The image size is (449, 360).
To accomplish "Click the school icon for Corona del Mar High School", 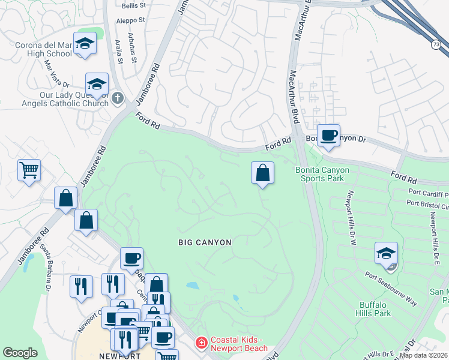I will pyautogui.click(x=85, y=44).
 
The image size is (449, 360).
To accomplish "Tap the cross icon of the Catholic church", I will pyautogui.click(x=118, y=97).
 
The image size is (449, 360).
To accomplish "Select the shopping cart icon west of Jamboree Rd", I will pyautogui.click(x=28, y=171).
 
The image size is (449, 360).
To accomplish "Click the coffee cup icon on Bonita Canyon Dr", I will pyautogui.click(x=328, y=136).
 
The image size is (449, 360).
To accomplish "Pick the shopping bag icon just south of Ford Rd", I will pyautogui.click(x=262, y=173).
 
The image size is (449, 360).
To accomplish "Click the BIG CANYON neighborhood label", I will pyautogui.click(x=205, y=242).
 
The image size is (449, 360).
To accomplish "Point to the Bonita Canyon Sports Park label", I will pyautogui.click(x=322, y=175).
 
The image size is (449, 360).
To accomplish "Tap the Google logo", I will pyautogui.click(x=20, y=353).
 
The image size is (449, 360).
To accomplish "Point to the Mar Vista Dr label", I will pyautogui.click(x=58, y=74).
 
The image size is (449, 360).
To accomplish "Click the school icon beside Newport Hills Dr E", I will pyautogui.click(x=386, y=253).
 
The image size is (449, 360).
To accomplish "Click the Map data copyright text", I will pyautogui.click(x=424, y=355).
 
